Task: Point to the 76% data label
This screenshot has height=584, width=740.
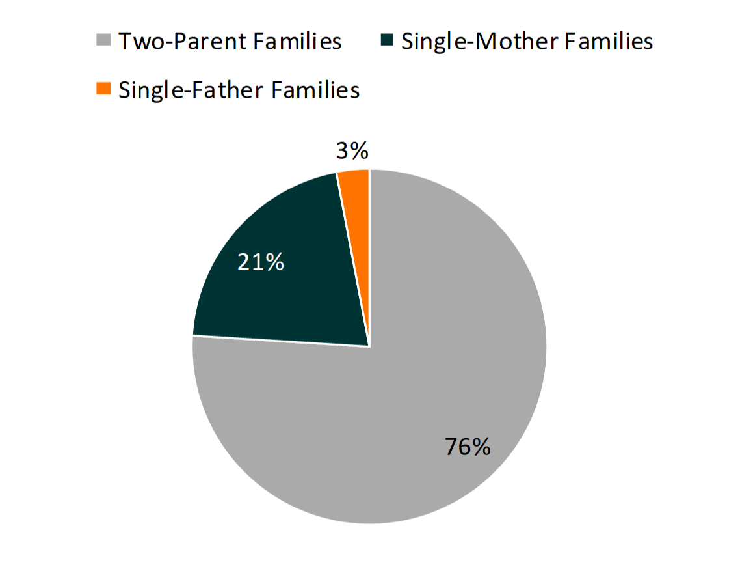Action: pos(468,447)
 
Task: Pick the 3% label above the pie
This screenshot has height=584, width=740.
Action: pos(352,151)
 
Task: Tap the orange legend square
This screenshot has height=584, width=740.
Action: pos(103,89)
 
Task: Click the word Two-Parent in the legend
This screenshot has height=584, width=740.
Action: pos(181,42)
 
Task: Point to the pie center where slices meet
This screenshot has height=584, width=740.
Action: pos(369,346)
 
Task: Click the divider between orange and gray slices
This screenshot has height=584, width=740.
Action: pos(369,260)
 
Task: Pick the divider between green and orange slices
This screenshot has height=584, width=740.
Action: pos(353,260)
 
